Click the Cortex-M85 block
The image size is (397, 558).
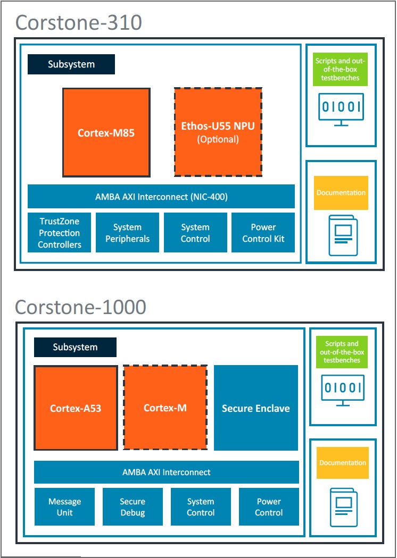(x=106, y=132)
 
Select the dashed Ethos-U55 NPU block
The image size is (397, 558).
(x=218, y=132)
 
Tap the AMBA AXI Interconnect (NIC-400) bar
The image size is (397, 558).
(x=161, y=197)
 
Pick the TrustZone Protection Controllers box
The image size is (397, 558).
(x=60, y=233)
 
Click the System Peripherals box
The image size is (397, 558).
(x=127, y=233)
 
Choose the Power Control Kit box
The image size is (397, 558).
(x=263, y=233)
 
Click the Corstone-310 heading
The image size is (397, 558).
(x=78, y=23)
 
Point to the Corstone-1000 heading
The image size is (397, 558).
(x=80, y=307)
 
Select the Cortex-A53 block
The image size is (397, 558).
(x=76, y=408)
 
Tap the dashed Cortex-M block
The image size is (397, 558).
(x=165, y=408)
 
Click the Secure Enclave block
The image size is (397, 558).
(x=255, y=408)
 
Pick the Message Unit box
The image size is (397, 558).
(x=64, y=507)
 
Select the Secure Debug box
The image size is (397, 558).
(x=133, y=507)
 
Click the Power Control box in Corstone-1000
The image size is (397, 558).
(x=269, y=507)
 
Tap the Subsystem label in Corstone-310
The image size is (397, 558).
(x=71, y=64)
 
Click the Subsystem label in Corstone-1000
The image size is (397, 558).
(x=75, y=347)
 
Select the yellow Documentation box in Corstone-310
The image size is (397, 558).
(x=341, y=193)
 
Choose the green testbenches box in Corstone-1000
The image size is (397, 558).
(x=342, y=352)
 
